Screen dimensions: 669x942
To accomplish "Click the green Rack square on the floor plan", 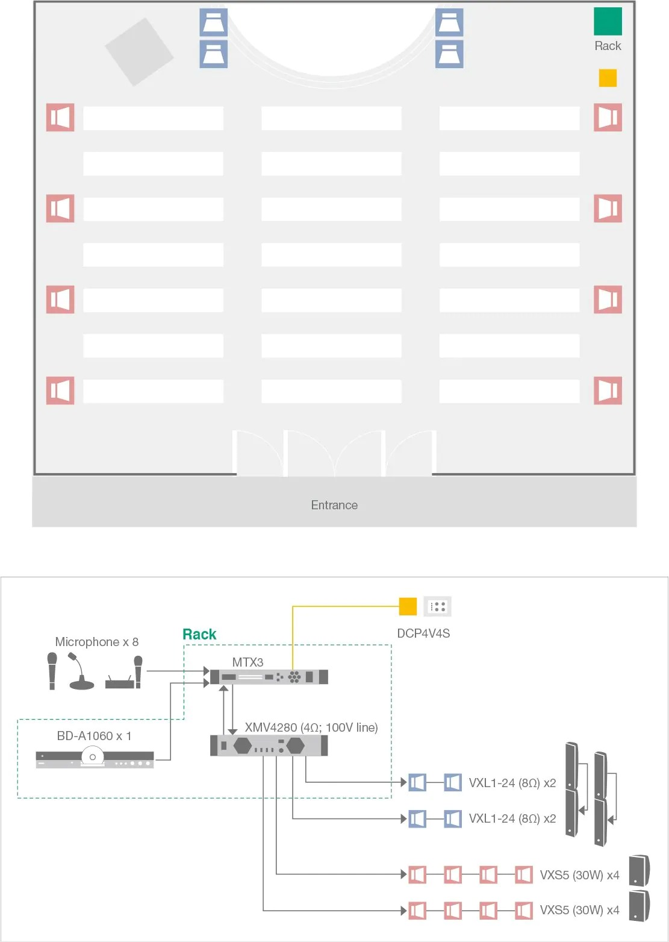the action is [607, 22].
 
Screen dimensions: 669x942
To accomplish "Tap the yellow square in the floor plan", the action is [607, 78].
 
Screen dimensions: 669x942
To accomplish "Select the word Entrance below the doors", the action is [334, 504].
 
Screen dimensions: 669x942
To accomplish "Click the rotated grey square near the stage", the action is [139, 52].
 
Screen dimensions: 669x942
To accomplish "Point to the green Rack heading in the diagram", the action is [199, 634].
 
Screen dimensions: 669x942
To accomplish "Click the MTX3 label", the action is [247, 662].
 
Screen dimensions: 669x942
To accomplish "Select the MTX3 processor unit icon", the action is [269, 677].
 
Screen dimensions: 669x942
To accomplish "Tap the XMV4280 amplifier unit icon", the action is [269, 746].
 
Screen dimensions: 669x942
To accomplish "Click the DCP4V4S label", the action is [423, 633].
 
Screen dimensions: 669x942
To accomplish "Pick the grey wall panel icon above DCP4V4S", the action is [437, 606].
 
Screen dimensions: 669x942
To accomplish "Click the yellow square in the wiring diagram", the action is [408, 606].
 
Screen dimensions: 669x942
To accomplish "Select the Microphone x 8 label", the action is [97, 641].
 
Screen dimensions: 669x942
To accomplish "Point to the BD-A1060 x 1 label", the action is [94, 735].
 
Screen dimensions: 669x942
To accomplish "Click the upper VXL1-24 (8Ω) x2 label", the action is [512, 783].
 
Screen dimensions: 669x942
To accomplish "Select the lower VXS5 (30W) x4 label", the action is [579, 910].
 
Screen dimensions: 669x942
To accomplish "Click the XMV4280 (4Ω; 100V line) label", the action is [311, 727].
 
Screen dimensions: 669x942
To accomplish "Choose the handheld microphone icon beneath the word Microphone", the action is [52, 671].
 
